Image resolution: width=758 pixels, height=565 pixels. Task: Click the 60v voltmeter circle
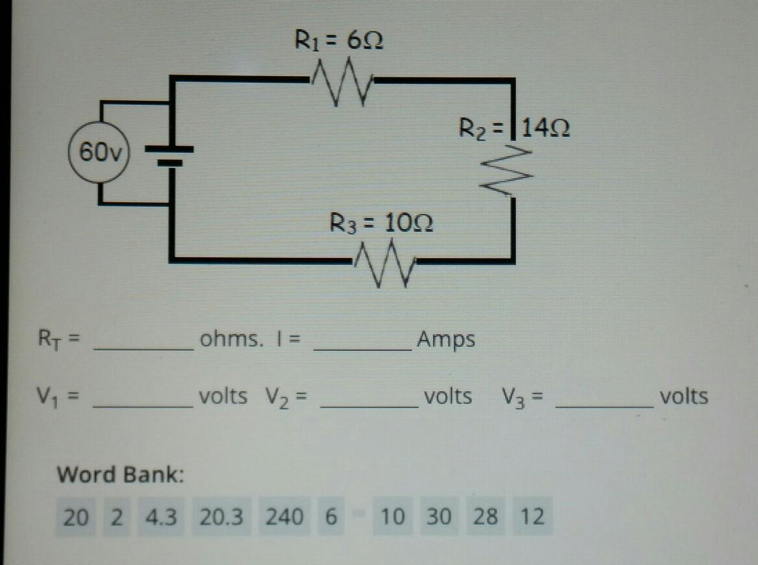point(99,153)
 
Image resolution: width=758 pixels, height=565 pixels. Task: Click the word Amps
point(446,339)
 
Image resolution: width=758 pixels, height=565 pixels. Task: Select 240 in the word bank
point(284,517)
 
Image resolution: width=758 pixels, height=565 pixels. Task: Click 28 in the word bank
point(485,517)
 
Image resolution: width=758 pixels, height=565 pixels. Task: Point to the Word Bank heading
point(121,475)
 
